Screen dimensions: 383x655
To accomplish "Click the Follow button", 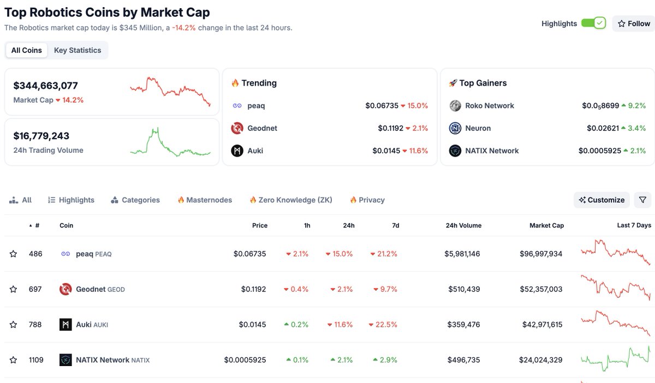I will pos(634,23).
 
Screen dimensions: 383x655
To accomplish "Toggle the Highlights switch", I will pos(593,23).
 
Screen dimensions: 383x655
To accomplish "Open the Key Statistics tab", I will pos(78,50).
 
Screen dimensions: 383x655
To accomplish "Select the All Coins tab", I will pos(27,50).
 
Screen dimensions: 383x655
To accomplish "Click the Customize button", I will pos(602,200).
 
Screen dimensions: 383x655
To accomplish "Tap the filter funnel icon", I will pos(642,200).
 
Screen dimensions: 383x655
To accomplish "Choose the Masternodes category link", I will pos(205,200).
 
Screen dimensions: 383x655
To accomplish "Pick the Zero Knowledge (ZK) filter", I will pos(291,200).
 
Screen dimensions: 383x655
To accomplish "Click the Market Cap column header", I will pos(546,225).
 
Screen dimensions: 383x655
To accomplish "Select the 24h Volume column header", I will pos(463,225).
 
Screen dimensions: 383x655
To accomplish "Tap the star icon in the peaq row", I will pos(13,254).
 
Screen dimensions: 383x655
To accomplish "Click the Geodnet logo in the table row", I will pos(65,289).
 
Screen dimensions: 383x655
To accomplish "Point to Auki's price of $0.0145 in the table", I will pos(252,325).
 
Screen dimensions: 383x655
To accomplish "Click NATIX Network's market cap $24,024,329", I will pos(540,360).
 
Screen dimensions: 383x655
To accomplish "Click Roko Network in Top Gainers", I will pos(489,106).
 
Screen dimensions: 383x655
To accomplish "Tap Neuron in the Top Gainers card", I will pos(478,128).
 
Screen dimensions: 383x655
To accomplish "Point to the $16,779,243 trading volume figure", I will pos(41,136).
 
